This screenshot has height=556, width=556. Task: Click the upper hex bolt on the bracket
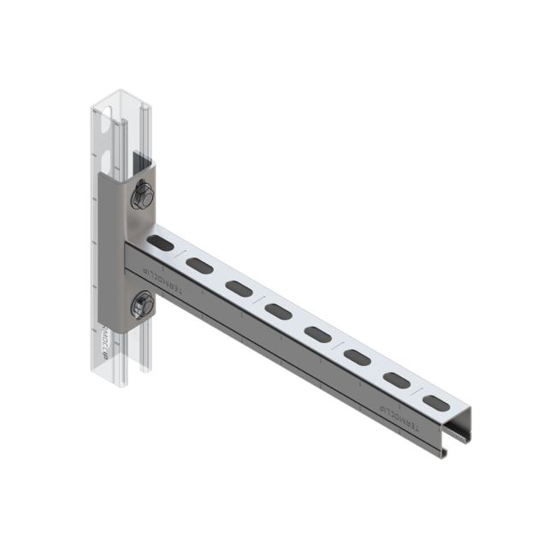click(142, 198)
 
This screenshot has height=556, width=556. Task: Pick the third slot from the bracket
click(239, 289)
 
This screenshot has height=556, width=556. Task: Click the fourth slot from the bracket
click(278, 311)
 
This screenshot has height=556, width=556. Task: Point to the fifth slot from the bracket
click(317, 333)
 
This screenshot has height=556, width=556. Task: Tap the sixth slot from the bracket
click(357, 355)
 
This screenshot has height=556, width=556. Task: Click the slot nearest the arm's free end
click(435, 399)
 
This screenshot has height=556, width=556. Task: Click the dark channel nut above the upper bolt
click(139, 163)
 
